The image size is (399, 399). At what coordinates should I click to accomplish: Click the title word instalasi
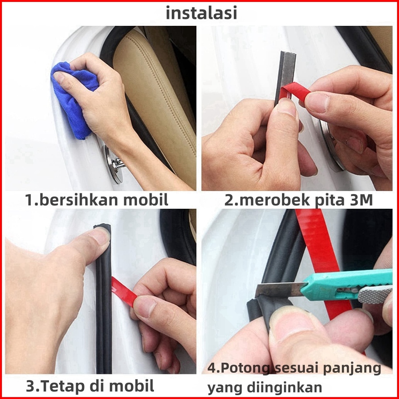201,13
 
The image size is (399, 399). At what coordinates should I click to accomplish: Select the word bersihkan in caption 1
79,200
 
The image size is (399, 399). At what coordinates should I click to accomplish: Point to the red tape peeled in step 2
295,91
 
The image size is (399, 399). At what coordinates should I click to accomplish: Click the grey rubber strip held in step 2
285,76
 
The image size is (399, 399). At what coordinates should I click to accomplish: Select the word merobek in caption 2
276,200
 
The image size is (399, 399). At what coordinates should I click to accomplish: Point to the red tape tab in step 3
124,292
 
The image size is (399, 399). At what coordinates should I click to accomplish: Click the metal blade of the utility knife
280,289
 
